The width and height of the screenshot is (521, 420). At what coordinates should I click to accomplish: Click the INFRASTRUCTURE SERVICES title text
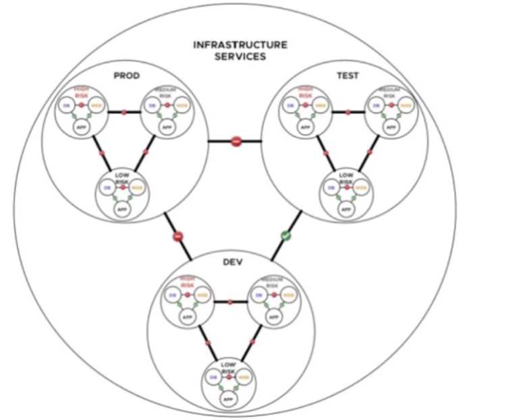(240, 51)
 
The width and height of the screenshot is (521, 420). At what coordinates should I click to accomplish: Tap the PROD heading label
(126, 76)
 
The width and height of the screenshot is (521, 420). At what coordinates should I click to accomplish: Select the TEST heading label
(348, 76)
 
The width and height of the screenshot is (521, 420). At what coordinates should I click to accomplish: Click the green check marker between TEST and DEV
(285, 237)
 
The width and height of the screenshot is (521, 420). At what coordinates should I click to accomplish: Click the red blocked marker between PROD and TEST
(236, 141)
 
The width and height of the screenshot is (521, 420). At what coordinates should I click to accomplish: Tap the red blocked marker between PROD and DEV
(178, 237)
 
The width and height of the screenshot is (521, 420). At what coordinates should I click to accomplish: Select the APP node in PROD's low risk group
(123, 209)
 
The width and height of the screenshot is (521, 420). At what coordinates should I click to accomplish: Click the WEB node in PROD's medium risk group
(181, 105)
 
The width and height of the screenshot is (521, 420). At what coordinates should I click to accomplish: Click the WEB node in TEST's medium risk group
(404, 105)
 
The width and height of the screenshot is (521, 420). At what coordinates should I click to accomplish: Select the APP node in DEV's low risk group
(229, 397)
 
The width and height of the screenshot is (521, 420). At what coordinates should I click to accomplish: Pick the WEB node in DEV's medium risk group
(288, 295)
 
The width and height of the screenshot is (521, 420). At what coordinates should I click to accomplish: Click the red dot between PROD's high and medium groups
(124, 112)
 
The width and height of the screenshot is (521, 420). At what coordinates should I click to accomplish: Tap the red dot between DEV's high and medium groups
(231, 301)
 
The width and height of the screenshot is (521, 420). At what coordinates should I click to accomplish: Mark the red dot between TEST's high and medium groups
(348, 112)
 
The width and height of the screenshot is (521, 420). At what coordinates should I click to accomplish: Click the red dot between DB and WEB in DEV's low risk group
(229, 377)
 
